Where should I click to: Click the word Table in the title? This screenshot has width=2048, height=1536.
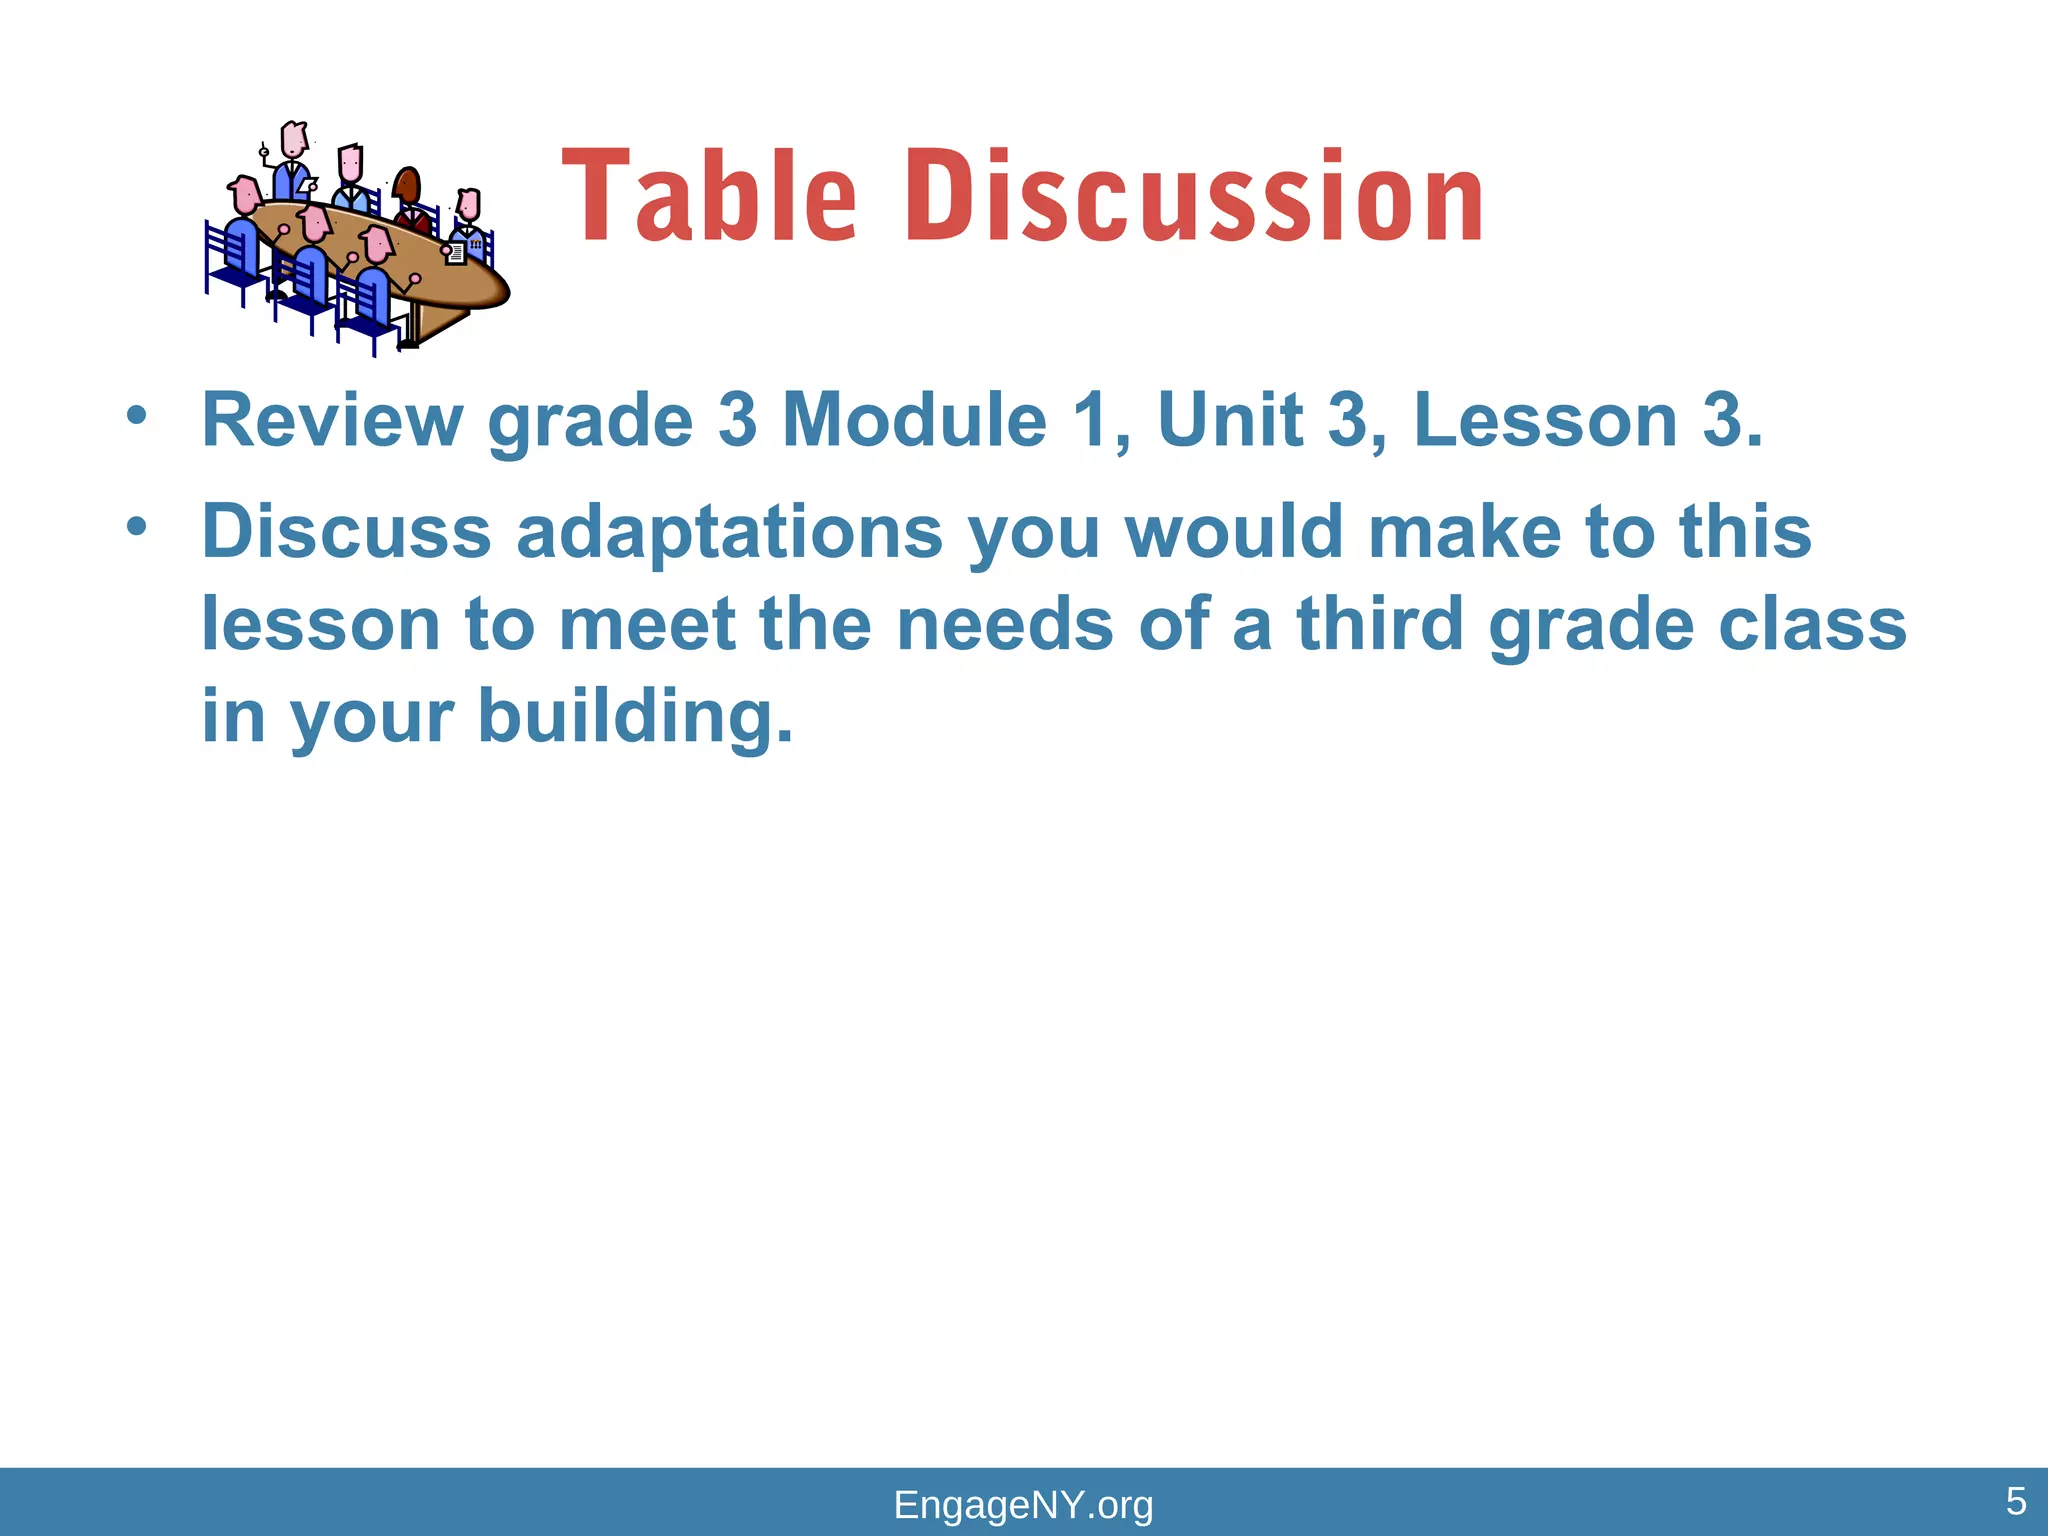coord(708,197)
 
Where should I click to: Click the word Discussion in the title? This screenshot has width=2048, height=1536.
coord(1194,197)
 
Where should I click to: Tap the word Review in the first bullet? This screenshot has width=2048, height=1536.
coord(332,420)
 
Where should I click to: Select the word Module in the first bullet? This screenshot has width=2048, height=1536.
coord(914,420)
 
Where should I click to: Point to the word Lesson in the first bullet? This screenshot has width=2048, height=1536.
coord(1545,420)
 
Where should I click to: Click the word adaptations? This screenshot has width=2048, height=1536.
coord(729,532)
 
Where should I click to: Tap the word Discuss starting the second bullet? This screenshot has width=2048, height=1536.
coord(346,532)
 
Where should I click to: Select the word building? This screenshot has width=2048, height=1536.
coord(635,717)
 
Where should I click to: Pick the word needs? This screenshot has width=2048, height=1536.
coord(1004,625)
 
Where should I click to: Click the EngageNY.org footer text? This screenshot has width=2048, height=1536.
coord(1023,1505)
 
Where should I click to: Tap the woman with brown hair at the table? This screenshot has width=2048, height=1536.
coord(409,200)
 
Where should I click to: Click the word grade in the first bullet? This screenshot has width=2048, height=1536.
coord(589,422)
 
